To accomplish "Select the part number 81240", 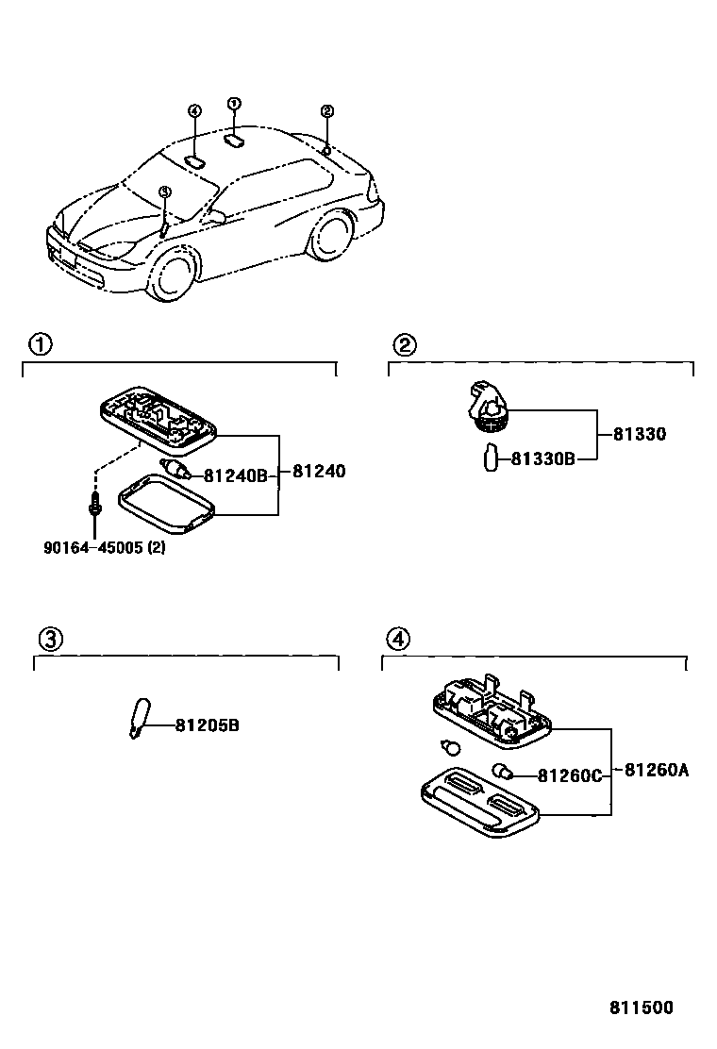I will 319,472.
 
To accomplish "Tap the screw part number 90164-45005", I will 104,547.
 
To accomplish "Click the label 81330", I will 639,435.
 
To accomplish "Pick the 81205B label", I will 207,725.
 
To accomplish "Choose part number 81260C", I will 569,774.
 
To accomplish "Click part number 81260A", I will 656,770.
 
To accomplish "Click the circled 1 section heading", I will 40,344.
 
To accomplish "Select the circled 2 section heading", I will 403,344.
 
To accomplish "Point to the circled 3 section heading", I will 49,640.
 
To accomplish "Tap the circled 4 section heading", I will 397,640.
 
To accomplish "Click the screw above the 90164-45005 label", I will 95,504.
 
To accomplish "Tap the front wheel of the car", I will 174,275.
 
